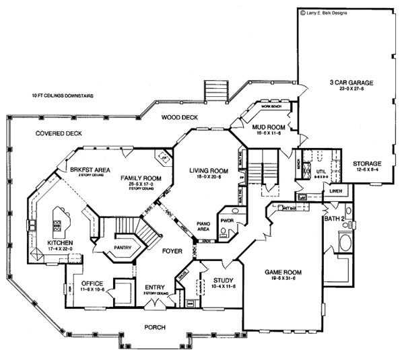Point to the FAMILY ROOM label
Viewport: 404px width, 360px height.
(138, 178)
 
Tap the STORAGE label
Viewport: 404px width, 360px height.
(367, 163)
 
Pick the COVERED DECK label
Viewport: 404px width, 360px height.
(59, 133)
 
